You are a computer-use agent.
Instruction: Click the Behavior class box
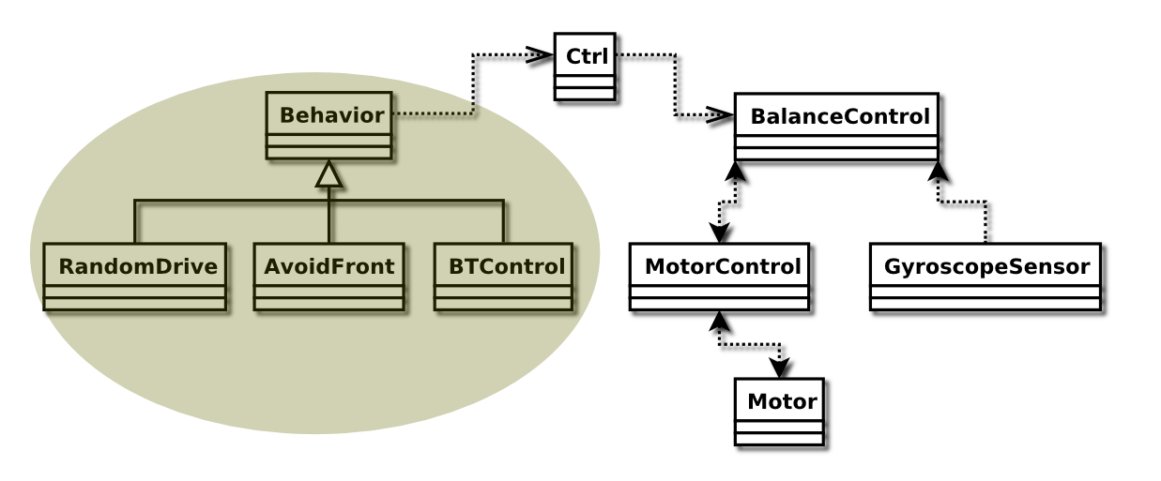coord(328,127)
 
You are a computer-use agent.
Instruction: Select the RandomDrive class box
coord(135,277)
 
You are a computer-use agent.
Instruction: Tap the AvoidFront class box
coord(328,277)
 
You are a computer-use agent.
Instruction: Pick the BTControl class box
coord(504,277)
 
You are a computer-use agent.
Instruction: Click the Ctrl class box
coord(585,67)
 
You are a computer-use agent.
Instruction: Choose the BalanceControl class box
coord(836,128)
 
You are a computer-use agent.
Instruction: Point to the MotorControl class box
coord(719,277)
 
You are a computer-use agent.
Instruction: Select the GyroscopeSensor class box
coord(985,277)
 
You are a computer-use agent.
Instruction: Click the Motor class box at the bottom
coord(779,412)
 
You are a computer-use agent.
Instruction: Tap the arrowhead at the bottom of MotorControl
coord(720,321)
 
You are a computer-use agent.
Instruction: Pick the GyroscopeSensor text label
coord(986,267)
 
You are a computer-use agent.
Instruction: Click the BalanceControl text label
coord(840,118)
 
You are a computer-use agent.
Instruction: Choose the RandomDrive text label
coord(138,267)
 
